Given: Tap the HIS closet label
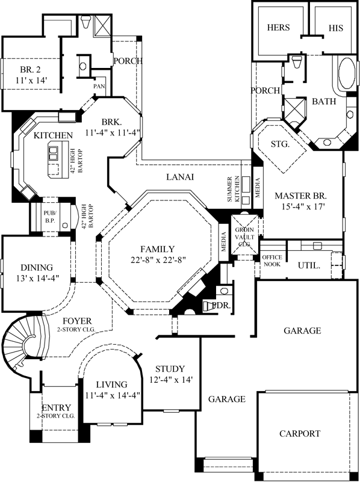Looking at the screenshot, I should [335, 28].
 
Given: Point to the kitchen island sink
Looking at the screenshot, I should [54, 153].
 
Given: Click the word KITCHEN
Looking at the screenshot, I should [53, 135].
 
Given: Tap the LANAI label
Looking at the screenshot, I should [180, 177].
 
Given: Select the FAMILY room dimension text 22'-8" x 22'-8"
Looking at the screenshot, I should [158, 261].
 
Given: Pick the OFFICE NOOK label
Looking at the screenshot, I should [272, 260].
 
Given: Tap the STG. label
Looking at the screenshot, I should [281, 145].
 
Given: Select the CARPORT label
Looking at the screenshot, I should [299, 433].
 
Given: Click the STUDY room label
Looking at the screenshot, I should [170, 369].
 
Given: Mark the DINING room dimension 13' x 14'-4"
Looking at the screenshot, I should [37, 279].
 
